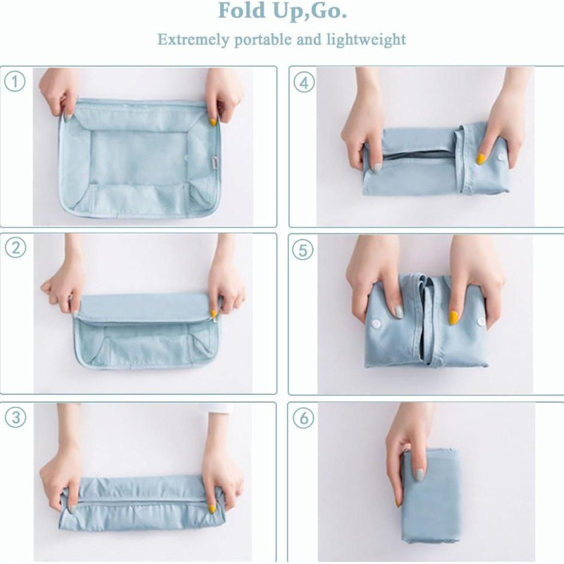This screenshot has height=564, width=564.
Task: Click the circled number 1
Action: pos(15,82)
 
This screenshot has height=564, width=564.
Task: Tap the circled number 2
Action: pos(16,248)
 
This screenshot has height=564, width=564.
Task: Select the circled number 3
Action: pos(16,417)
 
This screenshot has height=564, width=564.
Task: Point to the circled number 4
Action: pos(304,83)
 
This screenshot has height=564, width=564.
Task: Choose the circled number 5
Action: pos(303,250)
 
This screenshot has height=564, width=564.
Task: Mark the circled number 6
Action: pos(304,418)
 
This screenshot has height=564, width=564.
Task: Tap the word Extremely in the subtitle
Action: pos(193,39)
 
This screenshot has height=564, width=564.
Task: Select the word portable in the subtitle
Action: pos(263,39)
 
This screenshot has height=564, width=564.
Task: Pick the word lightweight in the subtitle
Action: pos(366,39)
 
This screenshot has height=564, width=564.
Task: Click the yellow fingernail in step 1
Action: pos(214,121)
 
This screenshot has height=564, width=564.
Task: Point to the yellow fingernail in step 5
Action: pos(453,318)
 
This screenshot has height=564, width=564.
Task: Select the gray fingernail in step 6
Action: pos(419,474)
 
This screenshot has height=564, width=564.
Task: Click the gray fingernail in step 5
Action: pos(398,311)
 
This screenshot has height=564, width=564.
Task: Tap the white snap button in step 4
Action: pos(500,157)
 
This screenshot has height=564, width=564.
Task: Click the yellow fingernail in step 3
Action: pos(212,508)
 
